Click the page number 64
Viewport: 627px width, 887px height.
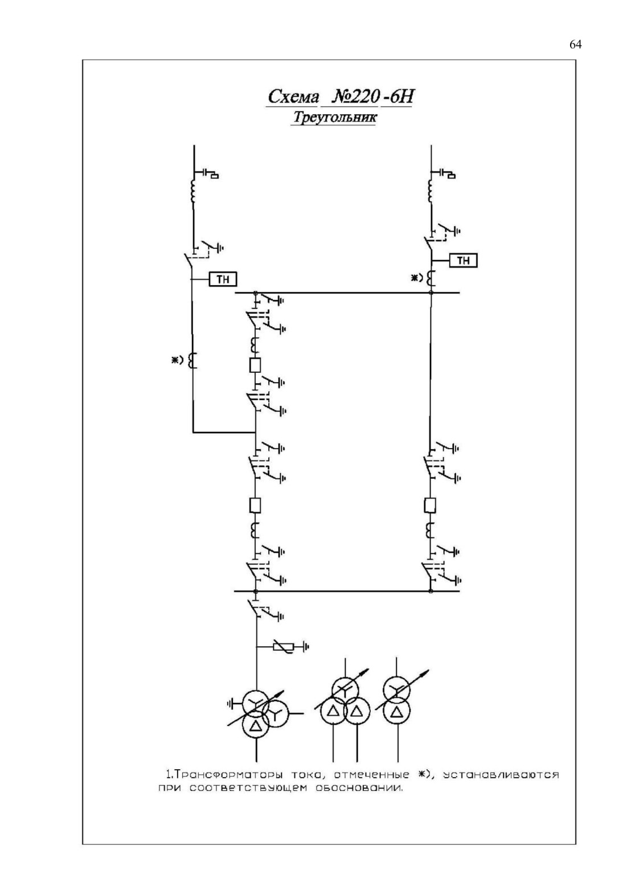pyautogui.click(x=576, y=44)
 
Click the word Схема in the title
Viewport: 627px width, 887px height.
pyautogui.click(x=293, y=96)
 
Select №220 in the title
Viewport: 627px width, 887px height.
pyautogui.click(x=351, y=96)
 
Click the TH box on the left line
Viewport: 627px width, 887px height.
pyautogui.click(x=223, y=280)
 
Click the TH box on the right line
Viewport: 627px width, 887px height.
pyautogui.click(x=464, y=260)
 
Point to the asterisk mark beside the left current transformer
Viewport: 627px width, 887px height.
pyautogui.click(x=173, y=360)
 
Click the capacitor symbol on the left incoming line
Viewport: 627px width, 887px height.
pyautogui.click(x=206, y=173)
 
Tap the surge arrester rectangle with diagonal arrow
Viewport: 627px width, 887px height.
pyautogui.click(x=283, y=647)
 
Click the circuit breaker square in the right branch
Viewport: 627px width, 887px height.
pyautogui.click(x=430, y=505)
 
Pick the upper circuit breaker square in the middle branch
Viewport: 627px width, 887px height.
pyautogui.click(x=255, y=365)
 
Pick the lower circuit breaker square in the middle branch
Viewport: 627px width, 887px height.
pyautogui.click(x=255, y=505)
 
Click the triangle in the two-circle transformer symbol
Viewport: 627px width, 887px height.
pyautogui.click(x=396, y=724)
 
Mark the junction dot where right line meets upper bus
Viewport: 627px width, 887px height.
pyautogui.click(x=431, y=293)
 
